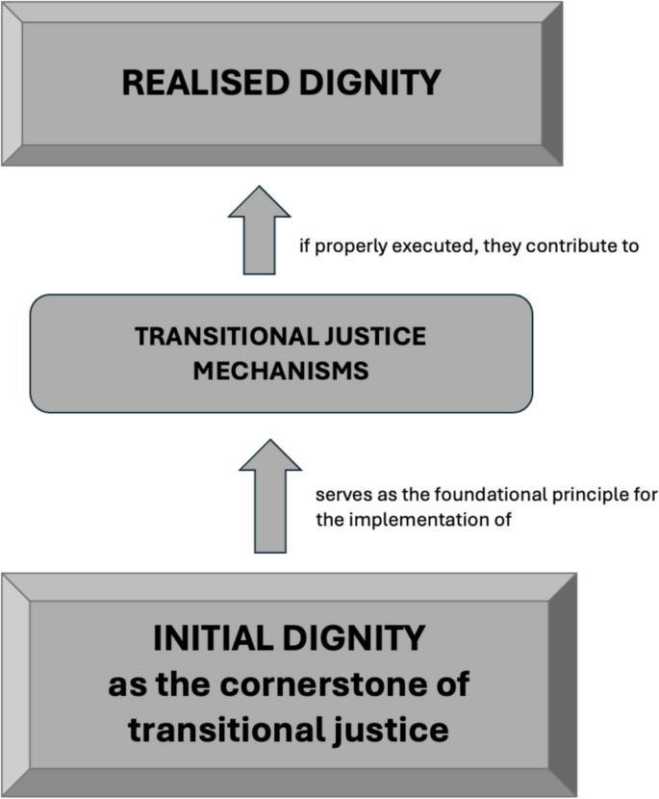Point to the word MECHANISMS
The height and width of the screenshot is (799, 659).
pyautogui.click(x=281, y=371)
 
